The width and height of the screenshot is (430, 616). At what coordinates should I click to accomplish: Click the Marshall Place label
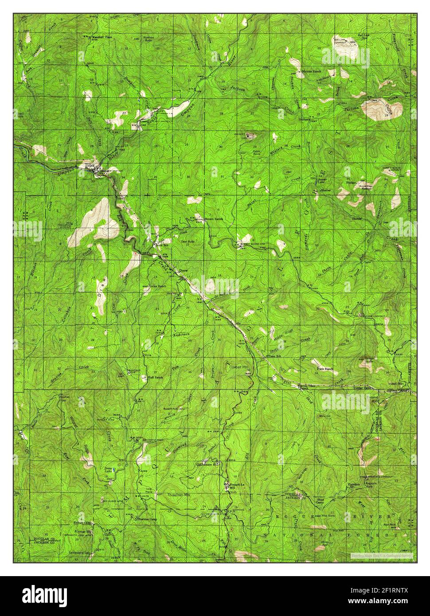102,37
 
